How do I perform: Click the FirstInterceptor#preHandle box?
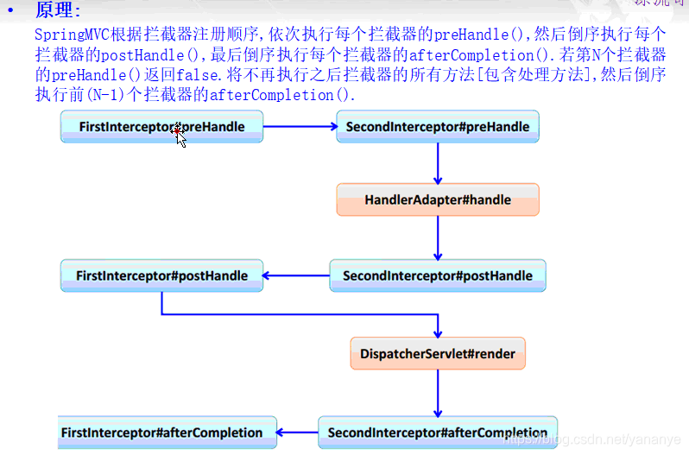[161, 127]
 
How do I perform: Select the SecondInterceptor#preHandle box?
[437, 127]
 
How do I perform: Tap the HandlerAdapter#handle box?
[437, 199]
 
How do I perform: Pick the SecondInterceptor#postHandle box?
[437, 275]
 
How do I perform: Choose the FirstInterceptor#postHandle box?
[161, 275]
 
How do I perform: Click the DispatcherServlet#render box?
[438, 353]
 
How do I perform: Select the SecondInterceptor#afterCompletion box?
[437, 433]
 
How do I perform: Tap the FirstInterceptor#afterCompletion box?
[167, 433]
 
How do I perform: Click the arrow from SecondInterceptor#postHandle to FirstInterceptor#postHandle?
[295, 275]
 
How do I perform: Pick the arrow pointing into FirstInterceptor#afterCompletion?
[297, 433]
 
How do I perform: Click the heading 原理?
[56, 10]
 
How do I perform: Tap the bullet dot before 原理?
[10, 10]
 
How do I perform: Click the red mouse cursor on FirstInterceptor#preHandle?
[179, 133]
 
